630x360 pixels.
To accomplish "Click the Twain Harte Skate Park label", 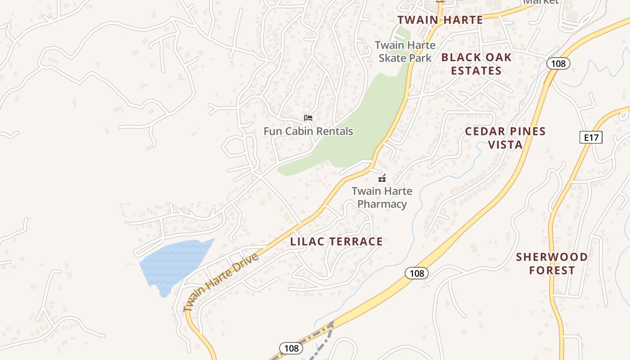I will pyautogui.click(x=405, y=51).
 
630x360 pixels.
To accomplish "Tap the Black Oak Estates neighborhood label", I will pyautogui.click(x=477, y=64).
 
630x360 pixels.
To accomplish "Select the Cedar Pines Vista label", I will pyautogui.click(x=505, y=138).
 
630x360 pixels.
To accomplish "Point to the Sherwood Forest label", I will pyautogui.click(x=552, y=264).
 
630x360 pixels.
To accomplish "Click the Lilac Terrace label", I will pyautogui.click(x=337, y=242).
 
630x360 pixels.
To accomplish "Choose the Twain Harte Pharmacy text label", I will pyautogui.click(x=382, y=198).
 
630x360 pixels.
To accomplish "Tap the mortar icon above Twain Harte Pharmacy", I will pyautogui.click(x=382, y=178).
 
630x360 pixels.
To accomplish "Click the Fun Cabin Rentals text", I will pyautogui.click(x=308, y=131).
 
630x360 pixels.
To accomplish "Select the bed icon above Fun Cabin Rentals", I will pyautogui.click(x=308, y=118).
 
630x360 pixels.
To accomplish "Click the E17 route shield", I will pyautogui.click(x=591, y=137).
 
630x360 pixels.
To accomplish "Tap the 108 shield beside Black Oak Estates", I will pyautogui.click(x=558, y=63).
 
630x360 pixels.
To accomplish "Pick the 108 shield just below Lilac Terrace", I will pyautogui.click(x=417, y=273).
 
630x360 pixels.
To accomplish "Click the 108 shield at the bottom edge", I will pyautogui.click(x=291, y=348).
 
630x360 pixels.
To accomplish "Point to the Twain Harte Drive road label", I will pyautogui.click(x=221, y=283).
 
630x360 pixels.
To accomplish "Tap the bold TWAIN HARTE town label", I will pyautogui.click(x=440, y=20).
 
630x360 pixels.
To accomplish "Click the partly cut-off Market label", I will pyautogui.click(x=541, y=2).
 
